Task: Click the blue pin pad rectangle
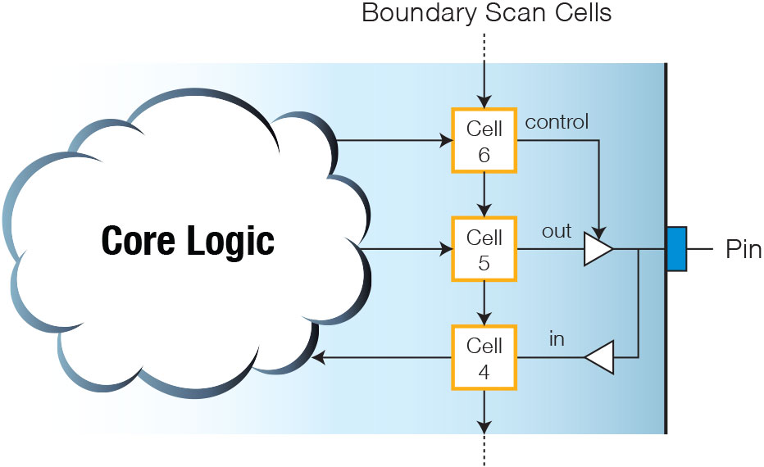pyautogui.click(x=677, y=249)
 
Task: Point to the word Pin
pyautogui.click(x=743, y=249)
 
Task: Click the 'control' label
pyautogui.click(x=557, y=122)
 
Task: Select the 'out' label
pyautogui.click(x=557, y=231)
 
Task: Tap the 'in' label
pyautogui.click(x=557, y=339)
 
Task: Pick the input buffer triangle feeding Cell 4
pyautogui.click(x=599, y=358)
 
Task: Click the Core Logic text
pyautogui.click(x=188, y=241)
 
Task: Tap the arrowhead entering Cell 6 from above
pyautogui.click(x=484, y=102)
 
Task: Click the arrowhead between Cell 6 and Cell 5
pyautogui.click(x=484, y=211)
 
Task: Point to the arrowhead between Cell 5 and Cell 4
pyautogui.click(x=484, y=319)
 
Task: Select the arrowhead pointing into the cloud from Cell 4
pyautogui.click(x=318, y=358)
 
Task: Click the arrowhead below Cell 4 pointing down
pyautogui.click(x=484, y=427)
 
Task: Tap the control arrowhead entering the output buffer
pyautogui.click(x=599, y=233)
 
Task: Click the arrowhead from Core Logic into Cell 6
pyautogui.click(x=446, y=141)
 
